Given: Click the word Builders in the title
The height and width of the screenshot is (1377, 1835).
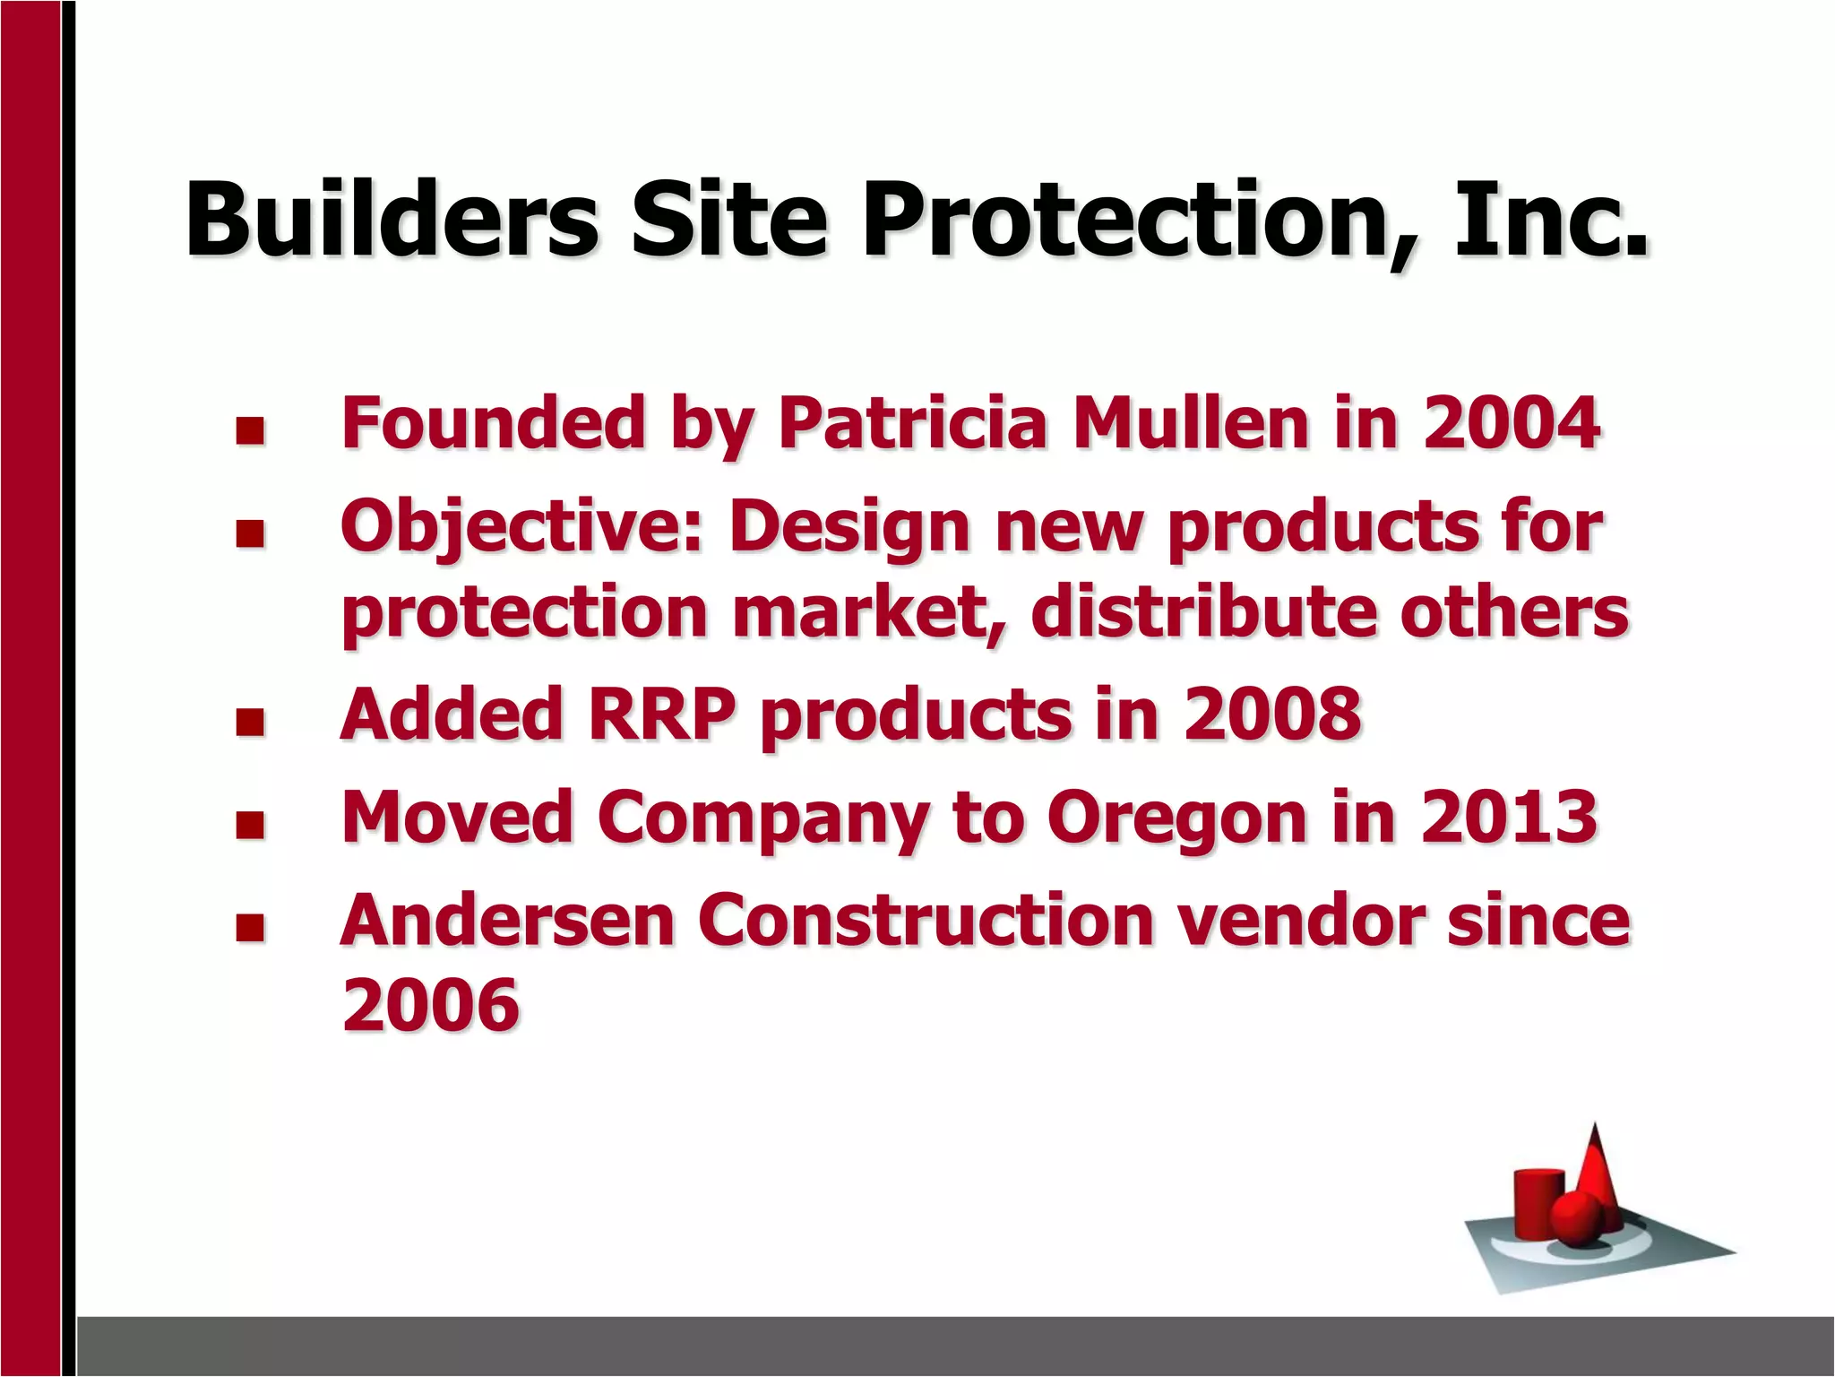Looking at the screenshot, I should pos(392,220).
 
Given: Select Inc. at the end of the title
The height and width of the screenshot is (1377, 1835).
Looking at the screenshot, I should pos(1550,220).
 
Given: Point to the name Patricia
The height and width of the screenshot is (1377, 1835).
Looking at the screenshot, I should pos(912,422).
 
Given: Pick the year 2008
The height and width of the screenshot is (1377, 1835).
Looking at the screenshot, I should pos(1272,714).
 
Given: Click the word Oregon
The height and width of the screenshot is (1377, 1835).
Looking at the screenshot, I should pos(1177,818).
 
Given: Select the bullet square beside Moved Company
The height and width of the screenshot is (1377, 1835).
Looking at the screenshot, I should pos(250,825).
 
